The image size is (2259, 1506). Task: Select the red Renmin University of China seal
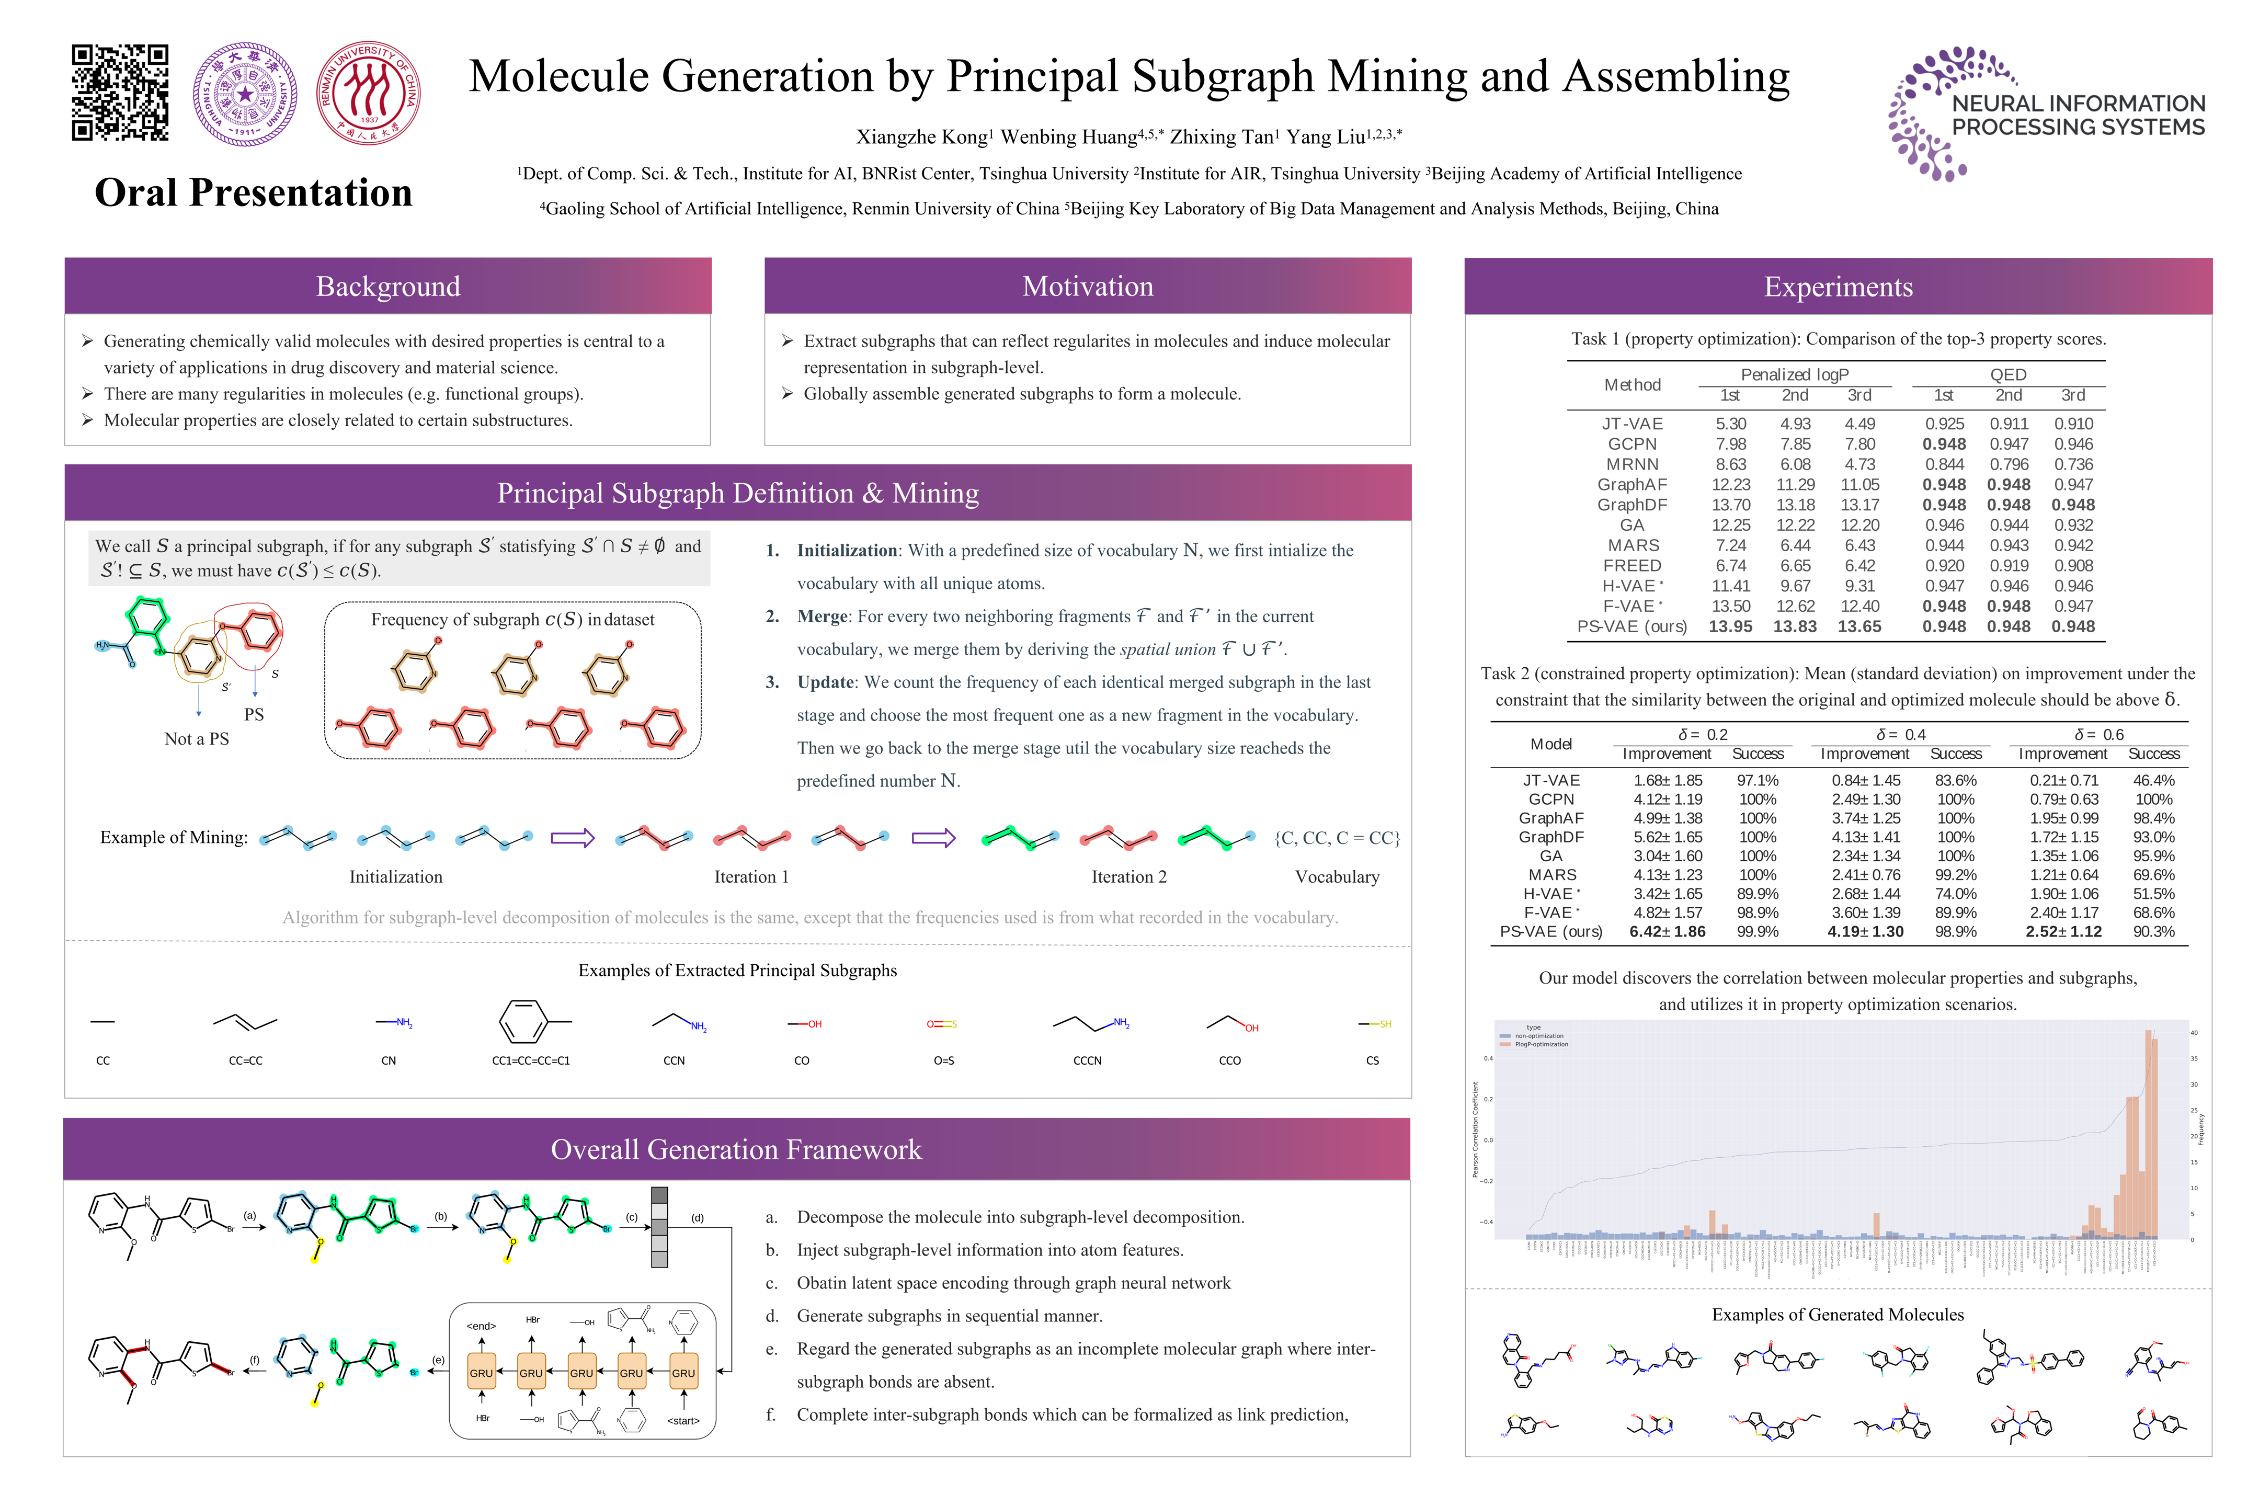click(369, 93)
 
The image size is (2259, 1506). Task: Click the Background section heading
click(388, 286)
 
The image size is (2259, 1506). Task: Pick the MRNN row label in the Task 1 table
click(1632, 464)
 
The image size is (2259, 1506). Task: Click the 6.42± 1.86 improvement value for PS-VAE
click(1668, 932)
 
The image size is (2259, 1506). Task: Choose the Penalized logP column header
click(1794, 374)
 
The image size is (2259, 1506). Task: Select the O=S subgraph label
click(943, 1060)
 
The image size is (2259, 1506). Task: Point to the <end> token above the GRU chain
click(481, 1326)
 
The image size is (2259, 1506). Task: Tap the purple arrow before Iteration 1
click(573, 838)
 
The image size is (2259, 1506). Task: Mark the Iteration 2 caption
click(1128, 877)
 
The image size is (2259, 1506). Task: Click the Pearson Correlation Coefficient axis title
click(1476, 1128)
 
